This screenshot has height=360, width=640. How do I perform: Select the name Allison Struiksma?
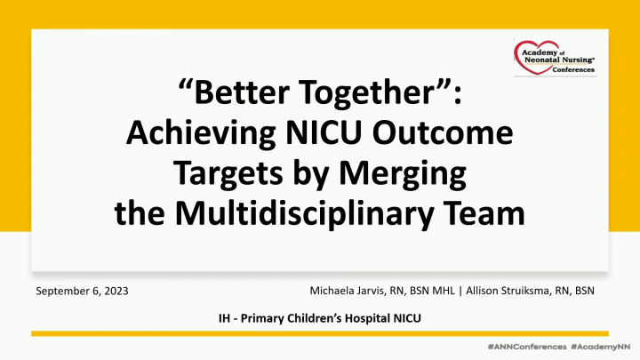pos(511,291)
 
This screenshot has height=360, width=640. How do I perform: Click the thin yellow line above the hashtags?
pos(320,332)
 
